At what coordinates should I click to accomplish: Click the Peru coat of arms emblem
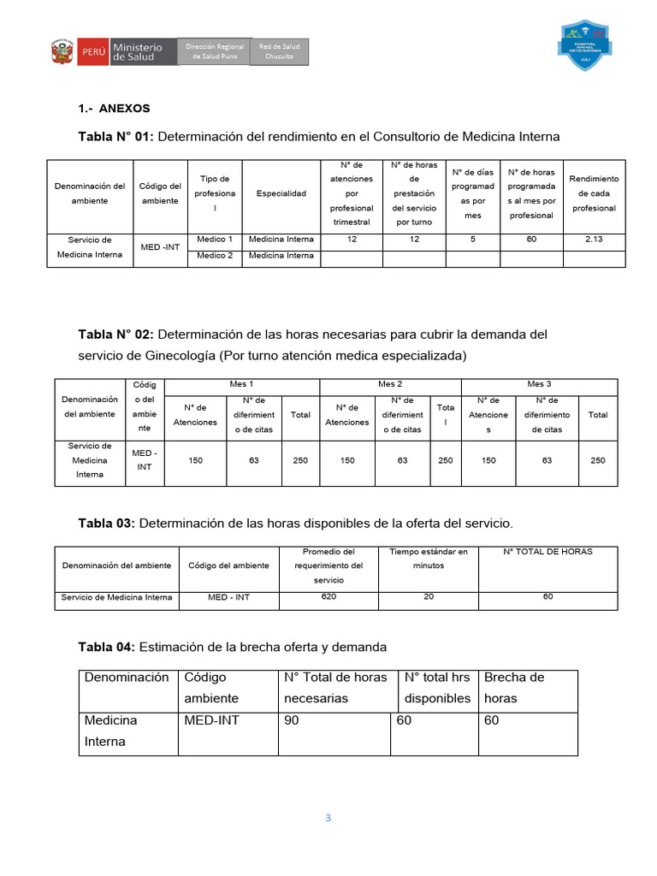(x=61, y=51)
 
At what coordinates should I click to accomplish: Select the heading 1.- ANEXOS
(x=114, y=109)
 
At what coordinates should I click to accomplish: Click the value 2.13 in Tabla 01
(x=594, y=240)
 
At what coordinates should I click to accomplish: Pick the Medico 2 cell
(x=215, y=255)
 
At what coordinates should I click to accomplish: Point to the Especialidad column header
(x=281, y=193)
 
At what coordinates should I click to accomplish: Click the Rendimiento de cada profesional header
(x=594, y=193)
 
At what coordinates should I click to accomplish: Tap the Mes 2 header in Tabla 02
(x=390, y=385)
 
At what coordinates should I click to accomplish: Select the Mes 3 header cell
(x=539, y=385)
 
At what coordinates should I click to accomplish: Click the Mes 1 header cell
(x=241, y=385)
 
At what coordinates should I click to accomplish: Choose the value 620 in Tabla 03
(x=328, y=596)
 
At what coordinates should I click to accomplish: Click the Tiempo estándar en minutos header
(x=429, y=559)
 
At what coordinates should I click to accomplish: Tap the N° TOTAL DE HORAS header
(x=547, y=552)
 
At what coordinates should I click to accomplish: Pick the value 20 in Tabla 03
(x=429, y=596)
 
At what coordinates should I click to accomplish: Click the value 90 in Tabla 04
(x=292, y=720)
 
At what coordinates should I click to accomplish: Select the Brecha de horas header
(x=513, y=688)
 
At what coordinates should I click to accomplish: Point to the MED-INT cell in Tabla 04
(x=211, y=720)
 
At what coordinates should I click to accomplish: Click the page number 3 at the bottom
(x=328, y=818)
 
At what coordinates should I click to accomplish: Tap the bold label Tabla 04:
(x=106, y=646)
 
